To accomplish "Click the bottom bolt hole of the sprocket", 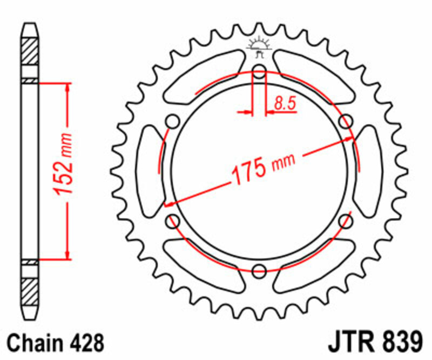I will coord(260,269).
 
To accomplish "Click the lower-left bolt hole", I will coord(174,220).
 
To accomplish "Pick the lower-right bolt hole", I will coord(346,220).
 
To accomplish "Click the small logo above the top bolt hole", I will coord(260,46).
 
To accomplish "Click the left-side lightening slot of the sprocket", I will coord(148,170).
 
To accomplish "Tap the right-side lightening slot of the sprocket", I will coord(370,170).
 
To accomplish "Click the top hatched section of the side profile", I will coord(30,52).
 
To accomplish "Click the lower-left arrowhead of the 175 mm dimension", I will coord(169,205).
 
